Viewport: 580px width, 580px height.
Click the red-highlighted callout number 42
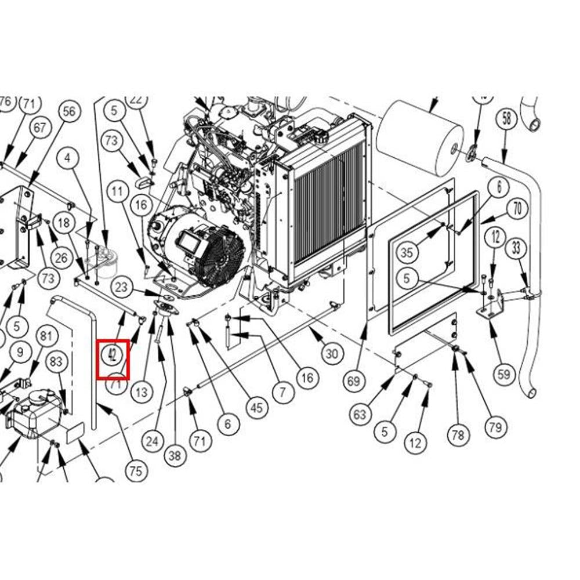click(113, 356)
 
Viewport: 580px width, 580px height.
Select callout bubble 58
click(507, 119)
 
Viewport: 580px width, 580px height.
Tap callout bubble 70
click(517, 208)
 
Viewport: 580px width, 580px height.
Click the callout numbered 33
click(516, 249)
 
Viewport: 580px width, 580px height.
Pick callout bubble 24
click(152, 441)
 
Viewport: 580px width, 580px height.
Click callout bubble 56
click(69, 112)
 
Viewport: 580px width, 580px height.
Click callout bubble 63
click(361, 414)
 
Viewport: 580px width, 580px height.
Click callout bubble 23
click(121, 287)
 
